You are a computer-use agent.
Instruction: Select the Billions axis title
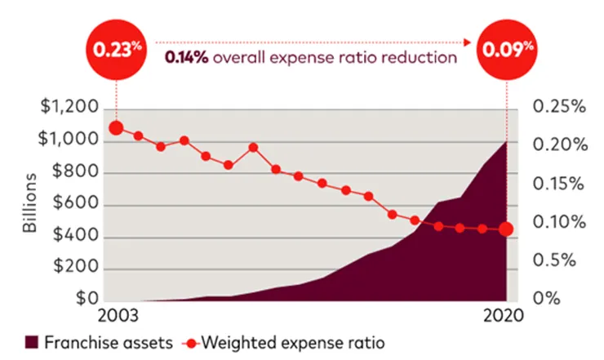click(x=30, y=203)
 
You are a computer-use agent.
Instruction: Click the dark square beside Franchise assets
click(x=33, y=341)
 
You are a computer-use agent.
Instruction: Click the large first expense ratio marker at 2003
click(x=116, y=128)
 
